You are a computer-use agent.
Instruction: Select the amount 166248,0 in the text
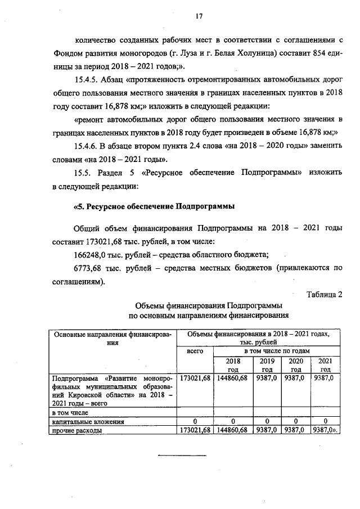pos(91,254)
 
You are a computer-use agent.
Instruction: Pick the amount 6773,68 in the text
pos(89,268)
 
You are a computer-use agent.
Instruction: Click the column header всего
pos(194,352)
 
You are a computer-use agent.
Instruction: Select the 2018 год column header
pos(232,364)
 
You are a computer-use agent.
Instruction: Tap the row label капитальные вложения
pos(84,421)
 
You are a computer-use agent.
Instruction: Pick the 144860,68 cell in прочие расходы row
pos(232,430)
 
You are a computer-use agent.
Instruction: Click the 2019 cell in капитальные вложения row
pos(267,421)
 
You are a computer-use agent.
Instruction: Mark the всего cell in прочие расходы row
pos(194,430)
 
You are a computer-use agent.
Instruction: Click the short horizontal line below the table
pos(178,456)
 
